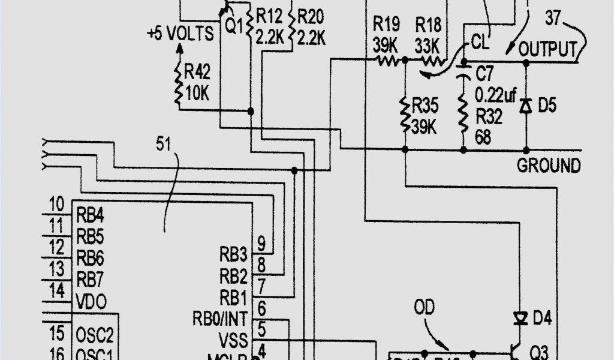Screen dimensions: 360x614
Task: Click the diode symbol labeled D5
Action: (526, 106)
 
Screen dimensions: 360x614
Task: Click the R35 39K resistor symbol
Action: (405, 115)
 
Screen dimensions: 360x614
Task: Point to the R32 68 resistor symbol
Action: (463, 115)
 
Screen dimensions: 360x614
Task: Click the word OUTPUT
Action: (549, 49)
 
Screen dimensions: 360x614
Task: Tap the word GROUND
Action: (549, 166)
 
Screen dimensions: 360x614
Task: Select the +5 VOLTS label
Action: (180, 34)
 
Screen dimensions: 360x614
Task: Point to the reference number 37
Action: (553, 18)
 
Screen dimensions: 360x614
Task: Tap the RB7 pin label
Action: (90, 279)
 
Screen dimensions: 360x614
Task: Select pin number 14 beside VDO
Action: (57, 292)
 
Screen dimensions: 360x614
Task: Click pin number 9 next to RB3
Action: (261, 243)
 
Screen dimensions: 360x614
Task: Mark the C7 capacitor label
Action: (484, 75)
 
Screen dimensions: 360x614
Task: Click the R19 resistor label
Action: (386, 24)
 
